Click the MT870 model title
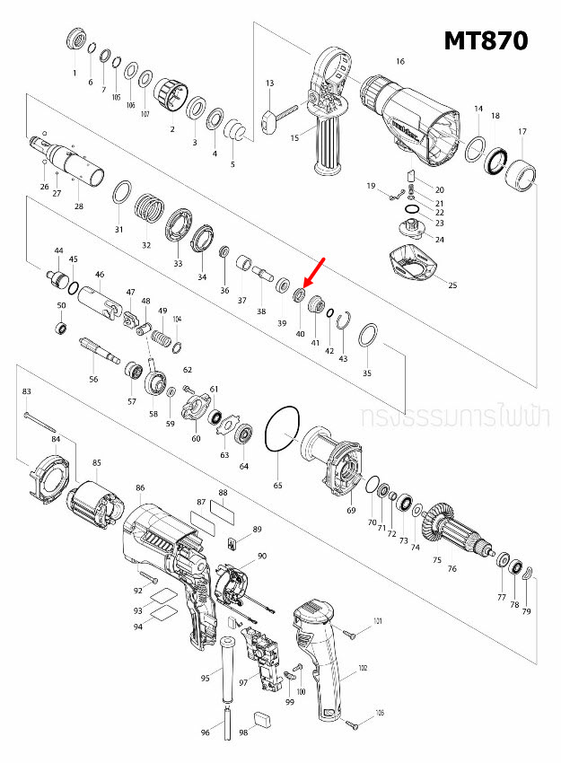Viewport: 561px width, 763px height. pyautogui.click(x=486, y=40)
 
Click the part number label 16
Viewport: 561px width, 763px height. pyautogui.click(x=400, y=61)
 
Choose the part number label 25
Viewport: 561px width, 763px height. pyautogui.click(x=452, y=285)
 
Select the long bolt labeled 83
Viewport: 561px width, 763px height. pyautogui.click(x=41, y=420)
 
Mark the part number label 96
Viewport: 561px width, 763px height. pyautogui.click(x=205, y=733)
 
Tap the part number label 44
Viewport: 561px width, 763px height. pyautogui.click(x=58, y=250)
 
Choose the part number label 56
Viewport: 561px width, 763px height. pyautogui.click(x=93, y=380)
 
